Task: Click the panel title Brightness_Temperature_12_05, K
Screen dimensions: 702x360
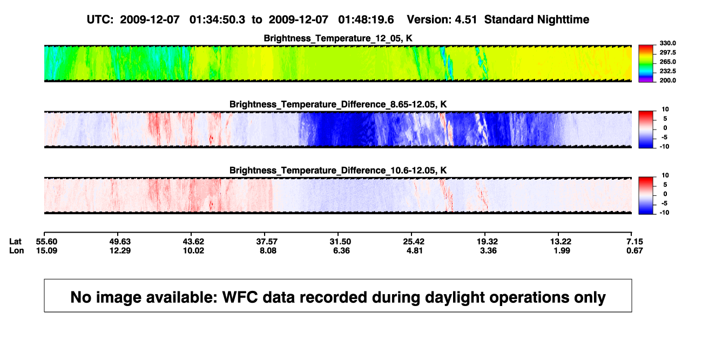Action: [x=338, y=38]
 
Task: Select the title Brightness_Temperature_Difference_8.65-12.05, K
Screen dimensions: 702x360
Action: [x=338, y=104]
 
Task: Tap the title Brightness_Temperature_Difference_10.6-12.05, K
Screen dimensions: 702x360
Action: [x=338, y=171]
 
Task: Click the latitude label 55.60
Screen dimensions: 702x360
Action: [x=46, y=242]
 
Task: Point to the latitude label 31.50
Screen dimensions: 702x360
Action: [x=340, y=242]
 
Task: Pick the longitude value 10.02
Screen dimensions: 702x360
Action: [x=193, y=250]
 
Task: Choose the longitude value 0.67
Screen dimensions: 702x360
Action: [x=634, y=250]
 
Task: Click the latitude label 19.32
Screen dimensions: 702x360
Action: [x=487, y=242]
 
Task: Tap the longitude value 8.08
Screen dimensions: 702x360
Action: [x=268, y=250]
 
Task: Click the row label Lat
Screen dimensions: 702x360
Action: [x=15, y=242]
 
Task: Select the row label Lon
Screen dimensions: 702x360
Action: [x=17, y=250]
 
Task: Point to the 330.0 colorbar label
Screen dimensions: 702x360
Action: [x=667, y=43]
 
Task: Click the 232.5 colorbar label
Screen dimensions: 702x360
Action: [x=667, y=71]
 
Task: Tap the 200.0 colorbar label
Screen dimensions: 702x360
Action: [x=667, y=80]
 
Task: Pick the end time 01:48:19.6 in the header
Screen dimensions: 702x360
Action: [x=366, y=20]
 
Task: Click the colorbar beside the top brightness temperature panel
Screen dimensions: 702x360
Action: [x=646, y=64]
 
